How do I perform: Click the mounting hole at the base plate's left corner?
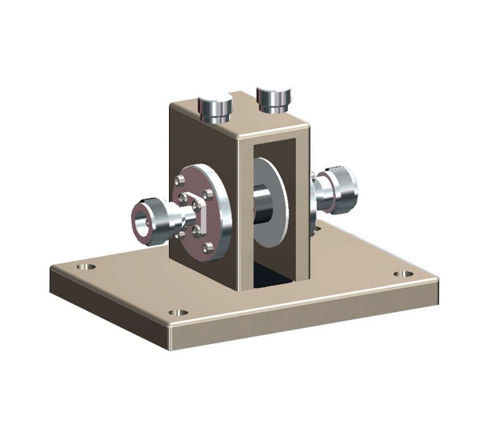[85, 267]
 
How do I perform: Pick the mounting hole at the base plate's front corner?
[177, 312]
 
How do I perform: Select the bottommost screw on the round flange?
[207, 247]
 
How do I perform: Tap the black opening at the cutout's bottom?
[272, 277]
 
